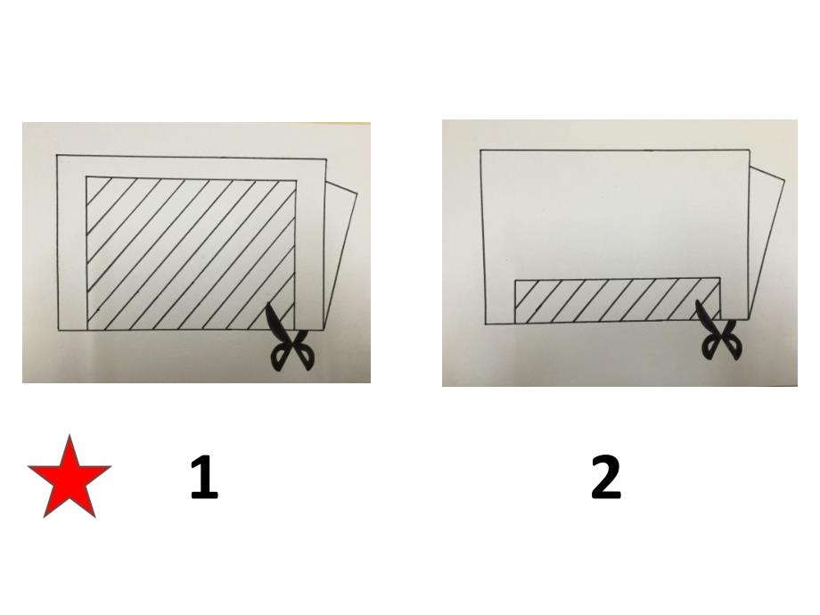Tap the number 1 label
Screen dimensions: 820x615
[x=203, y=477]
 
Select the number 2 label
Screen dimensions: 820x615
[x=606, y=477]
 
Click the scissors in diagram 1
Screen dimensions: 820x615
[x=289, y=339]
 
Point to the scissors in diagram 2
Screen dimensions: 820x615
[x=719, y=331]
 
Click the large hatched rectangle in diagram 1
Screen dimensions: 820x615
[x=191, y=254]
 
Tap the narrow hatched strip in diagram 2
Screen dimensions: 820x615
[x=618, y=300]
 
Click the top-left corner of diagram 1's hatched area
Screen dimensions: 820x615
[x=86, y=176]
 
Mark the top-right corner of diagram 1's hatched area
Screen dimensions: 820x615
[x=296, y=180]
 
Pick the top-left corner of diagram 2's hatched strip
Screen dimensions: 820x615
[x=516, y=280]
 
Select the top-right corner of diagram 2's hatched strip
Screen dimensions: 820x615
[x=720, y=278]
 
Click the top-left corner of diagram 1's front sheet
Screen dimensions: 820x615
[x=57, y=155]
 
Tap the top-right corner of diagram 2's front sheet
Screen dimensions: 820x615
[x=750, y=151]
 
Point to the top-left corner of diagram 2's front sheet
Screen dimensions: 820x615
[x=480, y=151]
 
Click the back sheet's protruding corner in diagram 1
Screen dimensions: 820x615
[x=357, y=194]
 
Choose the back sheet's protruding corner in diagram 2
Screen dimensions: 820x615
[x=784, y=180]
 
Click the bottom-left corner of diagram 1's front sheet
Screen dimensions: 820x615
[x=58, y=330]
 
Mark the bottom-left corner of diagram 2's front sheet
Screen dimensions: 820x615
[x=487, y=324]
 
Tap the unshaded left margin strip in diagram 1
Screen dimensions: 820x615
[x=71, y=243]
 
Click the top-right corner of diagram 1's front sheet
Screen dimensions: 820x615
[x=326, y=159]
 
